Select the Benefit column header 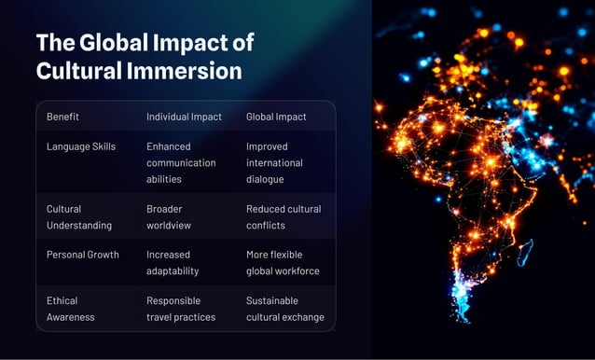point(62,117)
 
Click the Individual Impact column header point(184,117)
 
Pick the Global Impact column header point(276,117)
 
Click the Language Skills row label point(81,146)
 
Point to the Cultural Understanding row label point(79,216)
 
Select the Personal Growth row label point(83,255)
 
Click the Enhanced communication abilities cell point(181,162)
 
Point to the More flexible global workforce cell point(283,262)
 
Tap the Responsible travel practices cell point(181,309)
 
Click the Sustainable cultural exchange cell point(284,309)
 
